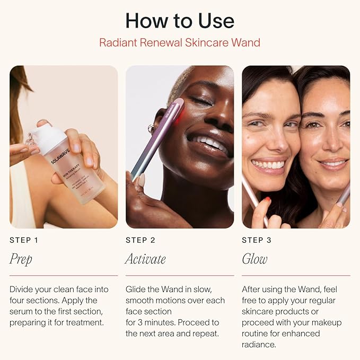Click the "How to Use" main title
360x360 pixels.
coord(180,21)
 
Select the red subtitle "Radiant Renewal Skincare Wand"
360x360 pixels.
coord(180,42)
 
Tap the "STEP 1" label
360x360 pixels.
coord(24,240)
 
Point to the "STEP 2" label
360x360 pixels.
coord(141,240)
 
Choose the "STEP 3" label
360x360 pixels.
coord(257,240)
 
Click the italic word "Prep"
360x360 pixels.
coord(21,259)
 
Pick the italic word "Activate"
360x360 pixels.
coord(145,259)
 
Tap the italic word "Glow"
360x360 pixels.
coord(254,259)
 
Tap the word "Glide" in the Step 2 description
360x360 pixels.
coord(136,289)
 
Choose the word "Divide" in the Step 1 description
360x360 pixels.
coord(22,289)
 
